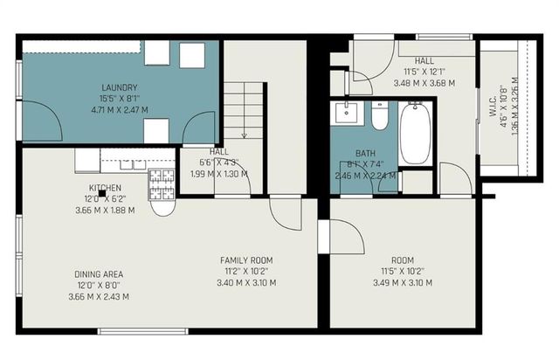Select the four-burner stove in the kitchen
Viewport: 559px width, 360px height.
pos(162,182)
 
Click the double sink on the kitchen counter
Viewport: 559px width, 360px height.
pos(123,160)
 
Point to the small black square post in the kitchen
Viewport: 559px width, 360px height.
pos(102,194)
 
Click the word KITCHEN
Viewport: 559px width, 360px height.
pos(104,188)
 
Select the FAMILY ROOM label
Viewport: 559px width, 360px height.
pos(245,260)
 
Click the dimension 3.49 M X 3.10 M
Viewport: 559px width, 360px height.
pos(403,282)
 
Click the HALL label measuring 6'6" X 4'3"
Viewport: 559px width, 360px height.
pos(219,151)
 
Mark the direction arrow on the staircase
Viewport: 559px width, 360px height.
pos(244,131)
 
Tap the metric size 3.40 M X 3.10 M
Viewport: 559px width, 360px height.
pos(245,282)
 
